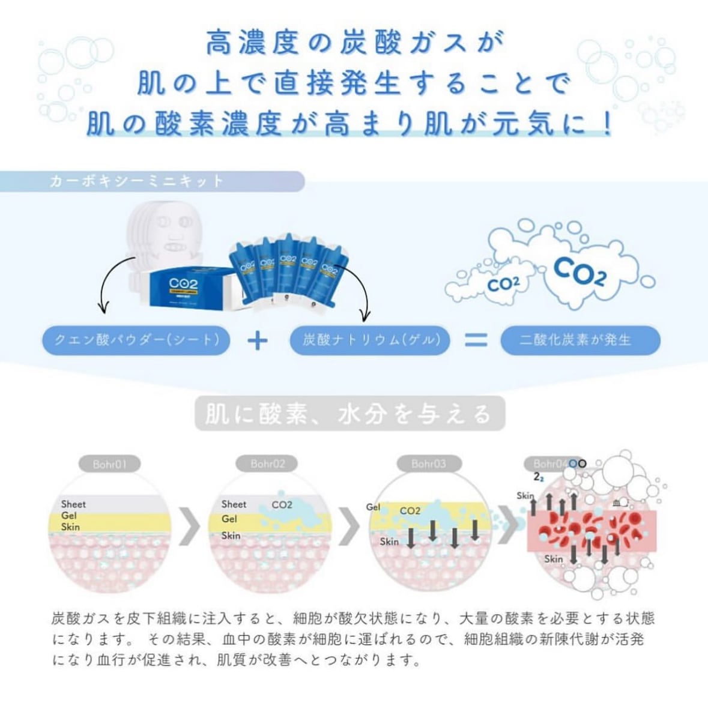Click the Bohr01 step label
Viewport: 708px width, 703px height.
[109, 464]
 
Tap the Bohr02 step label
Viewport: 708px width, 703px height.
[268, 464]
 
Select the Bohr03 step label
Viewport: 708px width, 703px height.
[429, 464]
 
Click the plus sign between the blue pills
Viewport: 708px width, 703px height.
[258, 340]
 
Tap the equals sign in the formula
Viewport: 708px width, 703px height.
[476, 340]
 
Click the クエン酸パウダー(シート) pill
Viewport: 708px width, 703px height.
[136, 340]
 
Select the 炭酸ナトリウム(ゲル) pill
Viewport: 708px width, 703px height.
[371, 340]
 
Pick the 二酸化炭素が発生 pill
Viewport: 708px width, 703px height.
[580, 340]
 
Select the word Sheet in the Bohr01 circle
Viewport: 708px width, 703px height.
[73, 504]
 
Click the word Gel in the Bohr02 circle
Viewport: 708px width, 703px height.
[229, 519]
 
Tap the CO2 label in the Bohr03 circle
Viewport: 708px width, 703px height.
[410, 511]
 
